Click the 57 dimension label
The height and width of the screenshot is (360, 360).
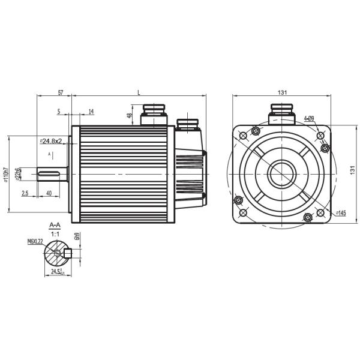[61, 93]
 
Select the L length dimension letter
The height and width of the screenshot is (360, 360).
[139, 93]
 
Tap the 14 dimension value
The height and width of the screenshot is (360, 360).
[91, 112]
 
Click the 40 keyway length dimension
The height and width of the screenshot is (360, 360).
[48, 193]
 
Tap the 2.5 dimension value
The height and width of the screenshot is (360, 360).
[25, 193]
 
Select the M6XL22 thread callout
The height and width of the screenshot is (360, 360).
[36, 241]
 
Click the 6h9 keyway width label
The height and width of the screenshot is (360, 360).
[77, 236]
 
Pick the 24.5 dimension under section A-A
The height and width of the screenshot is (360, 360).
[58, 272]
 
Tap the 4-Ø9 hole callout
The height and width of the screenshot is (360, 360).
[310, 118]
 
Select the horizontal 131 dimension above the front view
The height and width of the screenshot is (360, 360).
[282, 92]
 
